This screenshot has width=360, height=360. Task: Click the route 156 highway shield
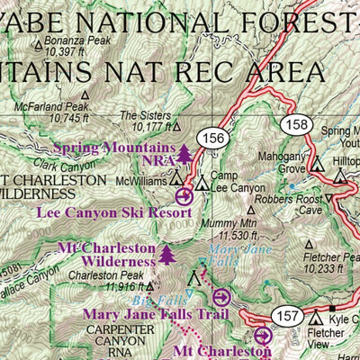pyautogui.click(x=215, y=138)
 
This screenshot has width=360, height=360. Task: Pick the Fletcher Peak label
pyautogui.click(x=327, y=261)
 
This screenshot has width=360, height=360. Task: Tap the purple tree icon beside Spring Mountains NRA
pyautogui.click(x=185, y=155)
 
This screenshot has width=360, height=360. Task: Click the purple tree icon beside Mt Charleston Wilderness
pyautogui.click(x=167, y=255)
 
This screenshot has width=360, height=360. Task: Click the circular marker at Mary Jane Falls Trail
pyautogui.click(x=223, y=295)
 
